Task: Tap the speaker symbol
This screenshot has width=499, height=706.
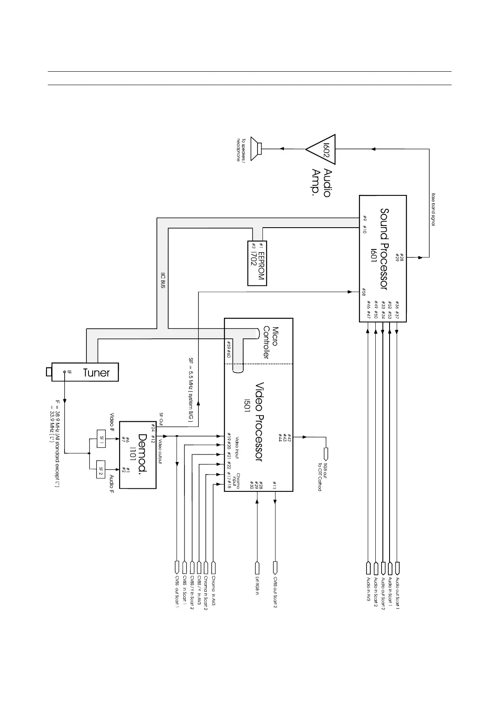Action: (256, 148)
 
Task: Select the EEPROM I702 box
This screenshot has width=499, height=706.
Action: (257, 263)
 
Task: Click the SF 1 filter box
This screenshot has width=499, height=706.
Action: (102, 438)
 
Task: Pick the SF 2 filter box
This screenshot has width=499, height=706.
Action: (102, 469)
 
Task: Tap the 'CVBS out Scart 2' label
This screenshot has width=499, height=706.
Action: (275, 592)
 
